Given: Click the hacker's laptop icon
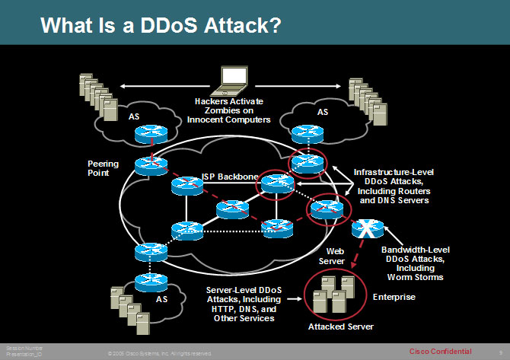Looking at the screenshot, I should click(234, 79).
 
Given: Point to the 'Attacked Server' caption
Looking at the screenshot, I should click(339, 327).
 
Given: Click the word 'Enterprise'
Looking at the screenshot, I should click(394, 297).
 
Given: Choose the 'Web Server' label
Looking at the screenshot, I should click(336, 255).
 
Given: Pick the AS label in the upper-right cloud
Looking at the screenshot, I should click(323, 111).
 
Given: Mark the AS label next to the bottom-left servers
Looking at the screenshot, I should click(162, 299).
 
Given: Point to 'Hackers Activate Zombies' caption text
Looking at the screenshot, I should click(233, 110).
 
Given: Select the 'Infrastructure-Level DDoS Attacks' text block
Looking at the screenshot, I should click(392, 186).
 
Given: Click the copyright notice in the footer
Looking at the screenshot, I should click(160, 353).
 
